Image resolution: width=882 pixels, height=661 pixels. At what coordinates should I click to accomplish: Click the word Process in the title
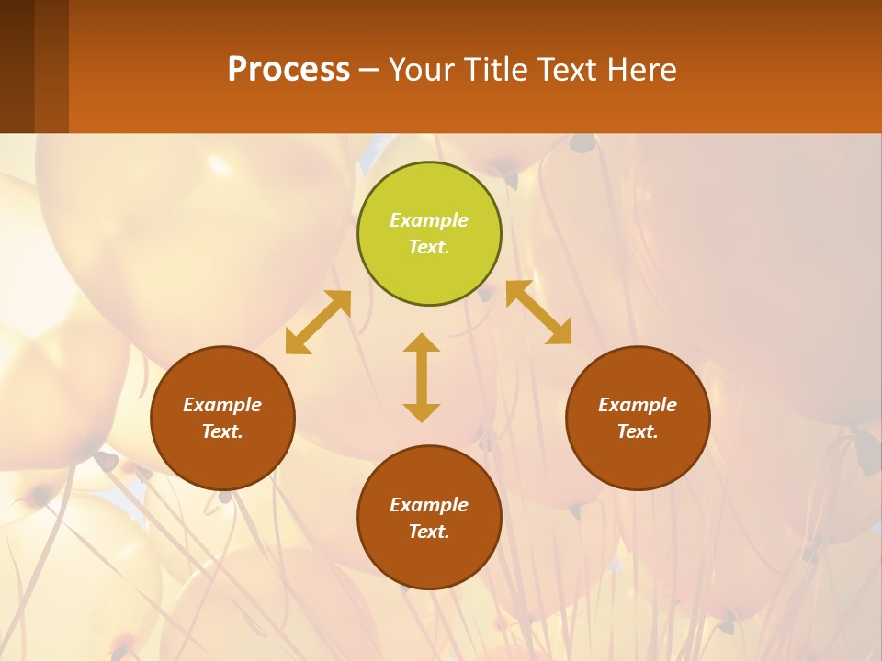(288, 70)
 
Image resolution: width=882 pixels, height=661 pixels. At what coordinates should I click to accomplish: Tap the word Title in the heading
(495, 70)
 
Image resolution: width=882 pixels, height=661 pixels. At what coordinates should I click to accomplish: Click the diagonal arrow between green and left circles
(318, 322)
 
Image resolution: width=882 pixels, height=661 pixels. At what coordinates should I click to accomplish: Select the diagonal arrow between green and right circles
(538, 312)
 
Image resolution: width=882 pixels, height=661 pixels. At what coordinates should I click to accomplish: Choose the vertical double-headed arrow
(422, 377)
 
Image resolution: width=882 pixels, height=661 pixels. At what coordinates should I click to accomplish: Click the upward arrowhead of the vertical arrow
(422, 342)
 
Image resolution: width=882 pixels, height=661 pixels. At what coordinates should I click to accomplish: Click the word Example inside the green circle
(429, 220)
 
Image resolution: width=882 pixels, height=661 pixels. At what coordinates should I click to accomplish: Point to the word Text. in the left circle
(222, 431)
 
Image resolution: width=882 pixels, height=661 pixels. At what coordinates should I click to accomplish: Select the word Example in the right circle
(638, 405)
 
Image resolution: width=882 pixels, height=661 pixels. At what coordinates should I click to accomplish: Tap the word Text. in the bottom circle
(429, 532)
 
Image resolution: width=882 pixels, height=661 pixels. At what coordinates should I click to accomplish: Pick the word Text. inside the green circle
(429, 247)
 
